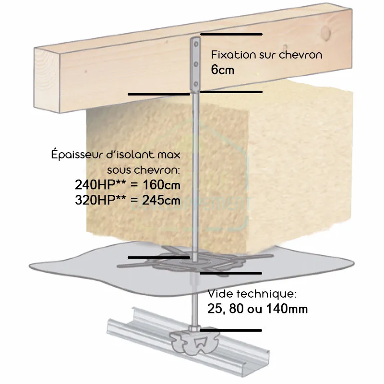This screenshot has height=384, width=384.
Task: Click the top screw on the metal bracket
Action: tap(196, 44)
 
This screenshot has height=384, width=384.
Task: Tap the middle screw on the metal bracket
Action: tap(196, 64)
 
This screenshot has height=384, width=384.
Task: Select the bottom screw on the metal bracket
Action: tap(196, 84)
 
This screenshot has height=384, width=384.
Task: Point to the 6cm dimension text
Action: tap(223, 70)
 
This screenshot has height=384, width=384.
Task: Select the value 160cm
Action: tap(162, 185)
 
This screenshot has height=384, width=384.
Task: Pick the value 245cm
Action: tap(161, 200)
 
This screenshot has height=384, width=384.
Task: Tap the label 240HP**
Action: tap(100, 184)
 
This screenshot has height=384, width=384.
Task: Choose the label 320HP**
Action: tap(100, 200)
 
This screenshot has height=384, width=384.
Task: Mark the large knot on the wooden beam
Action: tap(326, 33)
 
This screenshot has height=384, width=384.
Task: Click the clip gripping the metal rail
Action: tap(194, 341)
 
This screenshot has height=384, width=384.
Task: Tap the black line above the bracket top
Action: tap(231, 35)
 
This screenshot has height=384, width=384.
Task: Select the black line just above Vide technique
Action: tap(231, 273)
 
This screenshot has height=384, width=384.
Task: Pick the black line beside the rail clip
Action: tap(231, 331)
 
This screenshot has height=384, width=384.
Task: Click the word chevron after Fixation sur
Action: tap(301, 55)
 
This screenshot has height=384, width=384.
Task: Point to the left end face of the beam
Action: tap(47, 80)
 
